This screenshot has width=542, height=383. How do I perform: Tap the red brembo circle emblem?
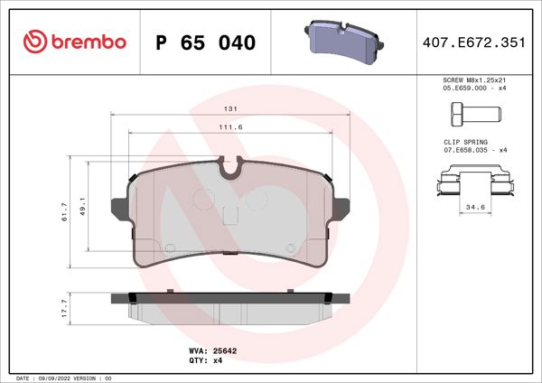[x=33, y=42]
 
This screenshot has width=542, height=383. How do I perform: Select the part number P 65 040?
[x=206, y=42]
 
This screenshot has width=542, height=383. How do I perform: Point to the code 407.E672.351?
[x=476, y=42]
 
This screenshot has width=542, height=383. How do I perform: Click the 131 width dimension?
[x=231, y=109]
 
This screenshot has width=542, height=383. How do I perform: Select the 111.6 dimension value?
[x=231, y=127]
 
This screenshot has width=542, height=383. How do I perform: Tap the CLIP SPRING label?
[x=465, y=142]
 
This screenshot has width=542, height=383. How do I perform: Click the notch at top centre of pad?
[x=231, y=166]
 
